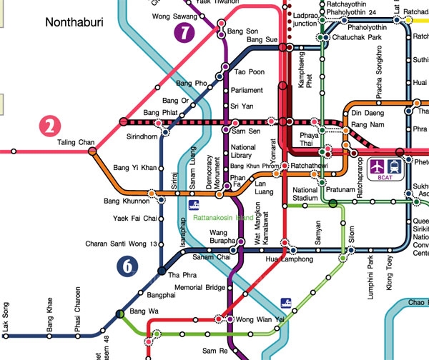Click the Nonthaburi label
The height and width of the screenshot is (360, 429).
point(74,22)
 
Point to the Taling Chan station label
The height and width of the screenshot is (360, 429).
point(76,143)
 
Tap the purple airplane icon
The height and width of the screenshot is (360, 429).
point(378,166)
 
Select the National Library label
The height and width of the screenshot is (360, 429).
point(244,151)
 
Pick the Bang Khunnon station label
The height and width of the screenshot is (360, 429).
point(124,201)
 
